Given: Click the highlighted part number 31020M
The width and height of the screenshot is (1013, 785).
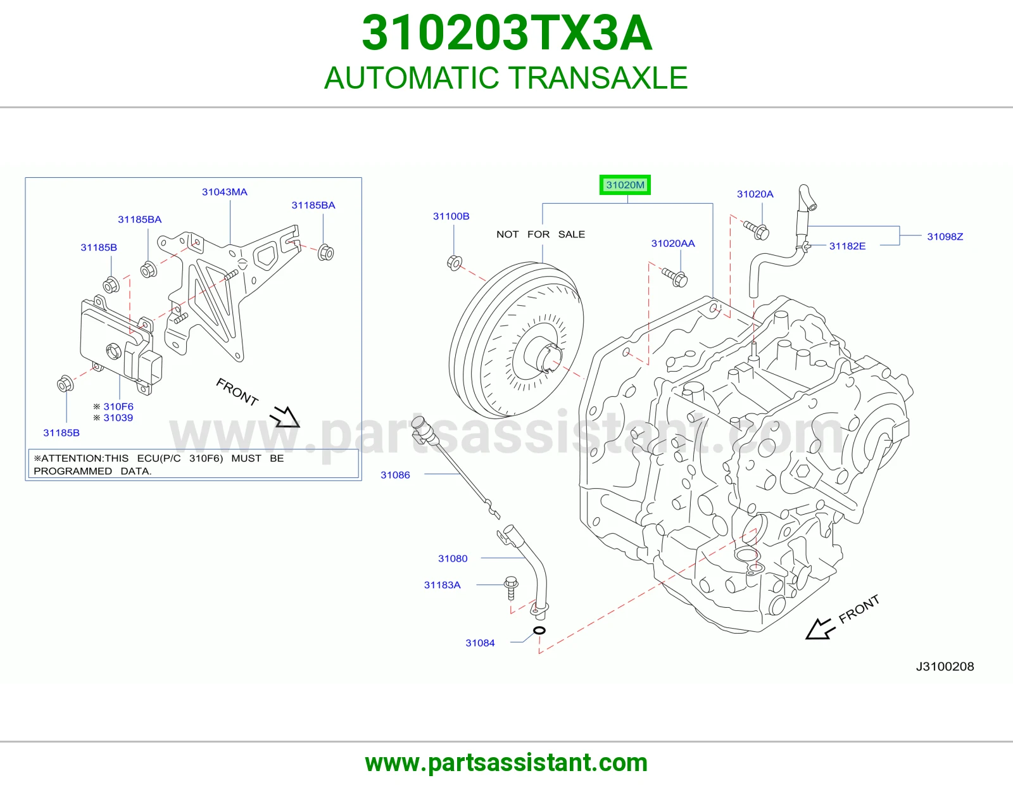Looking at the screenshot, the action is click(625, 185).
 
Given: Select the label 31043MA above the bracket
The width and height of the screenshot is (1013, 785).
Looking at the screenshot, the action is click(224, 192).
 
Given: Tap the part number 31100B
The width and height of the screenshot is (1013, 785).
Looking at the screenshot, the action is click(451, 217).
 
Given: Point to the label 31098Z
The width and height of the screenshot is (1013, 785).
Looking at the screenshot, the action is click(945, 237).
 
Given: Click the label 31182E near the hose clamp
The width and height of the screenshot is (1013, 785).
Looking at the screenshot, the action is click(847, 246).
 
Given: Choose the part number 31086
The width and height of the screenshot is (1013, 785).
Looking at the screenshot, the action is click(395, 475).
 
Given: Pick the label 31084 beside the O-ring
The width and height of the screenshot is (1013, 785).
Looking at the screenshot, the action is click(480, 643).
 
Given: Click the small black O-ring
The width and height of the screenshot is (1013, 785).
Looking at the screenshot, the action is click(539, 631).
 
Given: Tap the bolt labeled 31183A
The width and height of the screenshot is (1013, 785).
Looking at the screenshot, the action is click(511, 588).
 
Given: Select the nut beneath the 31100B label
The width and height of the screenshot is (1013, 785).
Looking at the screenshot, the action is click(454, 263).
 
